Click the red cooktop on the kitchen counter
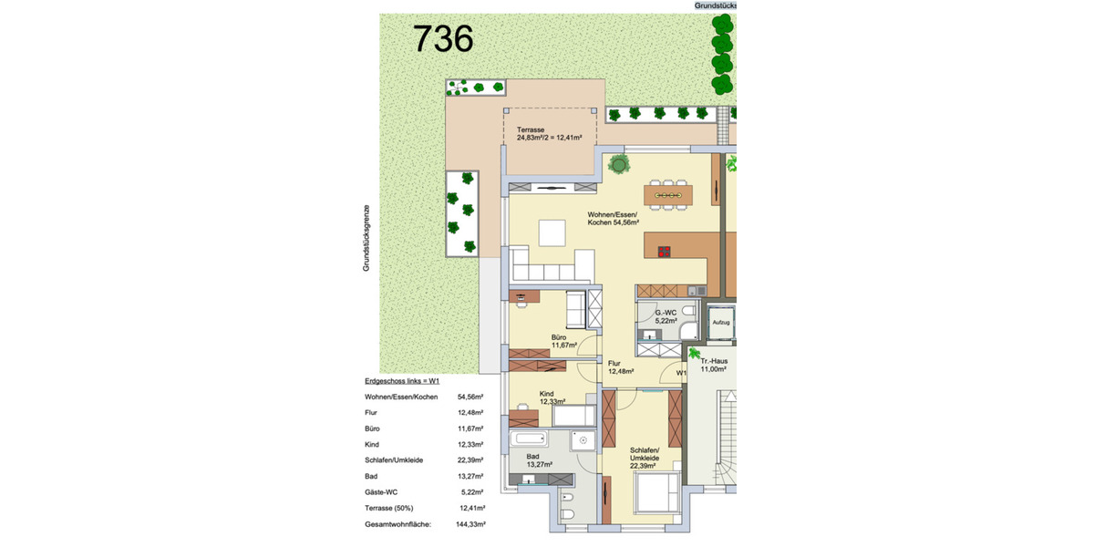[x=665, y=253]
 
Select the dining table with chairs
[x=668, y=194]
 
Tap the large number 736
[x=443, y=38]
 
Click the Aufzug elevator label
[x=720, y=323]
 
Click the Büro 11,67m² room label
[x=564, y=341]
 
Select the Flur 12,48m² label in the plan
[x=620, y=366]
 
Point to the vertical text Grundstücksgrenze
[x=366, y=236]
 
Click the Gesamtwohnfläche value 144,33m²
[x=470, y=524]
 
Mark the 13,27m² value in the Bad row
[x=470, y=476]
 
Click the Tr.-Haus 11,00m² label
[x=713, y=365]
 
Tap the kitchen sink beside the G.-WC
[x=695, y=291]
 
